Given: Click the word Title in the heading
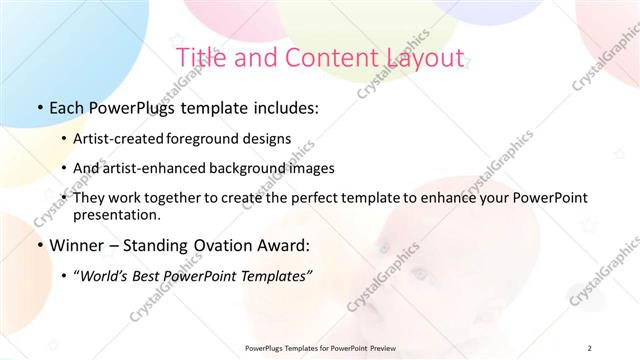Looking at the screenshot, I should pyautogui.click(x=197, y=57).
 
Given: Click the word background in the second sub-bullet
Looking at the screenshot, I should pyautogui.click(x=262, y=168).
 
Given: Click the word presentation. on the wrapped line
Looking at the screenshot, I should pyautogui.click(x=116, y=215).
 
